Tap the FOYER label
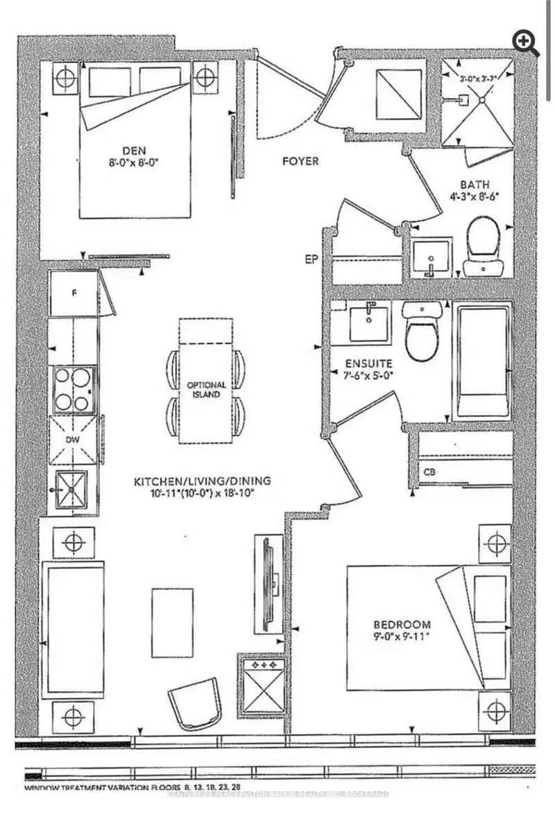click(300, 162)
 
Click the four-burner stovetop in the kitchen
click(72, 389)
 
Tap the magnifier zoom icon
click(526, 43)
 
